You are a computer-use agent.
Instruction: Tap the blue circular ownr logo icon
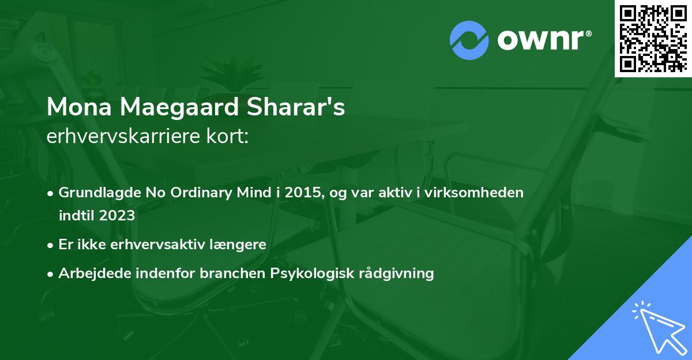[x=469, y=40]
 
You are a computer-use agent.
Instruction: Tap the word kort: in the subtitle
[x=230, y=136]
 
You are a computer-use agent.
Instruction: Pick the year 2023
[x=117, y=216]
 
